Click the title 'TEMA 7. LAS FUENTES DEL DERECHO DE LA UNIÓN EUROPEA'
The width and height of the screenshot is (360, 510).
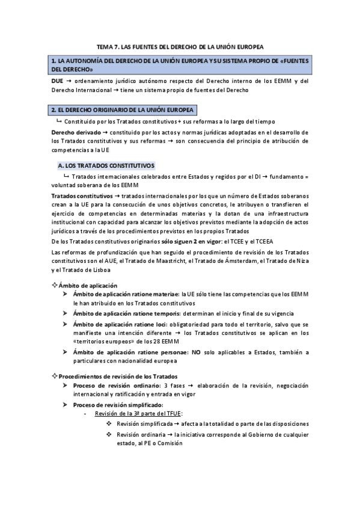[180, 46]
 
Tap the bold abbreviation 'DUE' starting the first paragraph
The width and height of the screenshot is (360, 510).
[58, 81]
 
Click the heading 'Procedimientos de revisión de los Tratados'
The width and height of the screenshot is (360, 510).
[112, 376]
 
